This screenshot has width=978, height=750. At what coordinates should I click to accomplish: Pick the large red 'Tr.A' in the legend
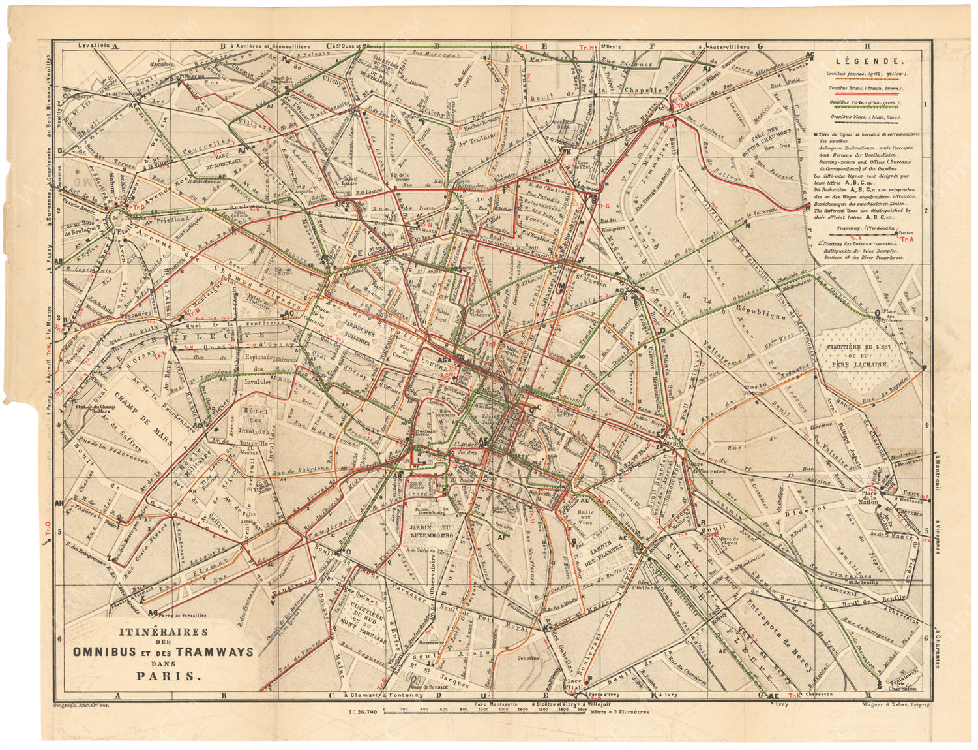click(906, 239)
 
